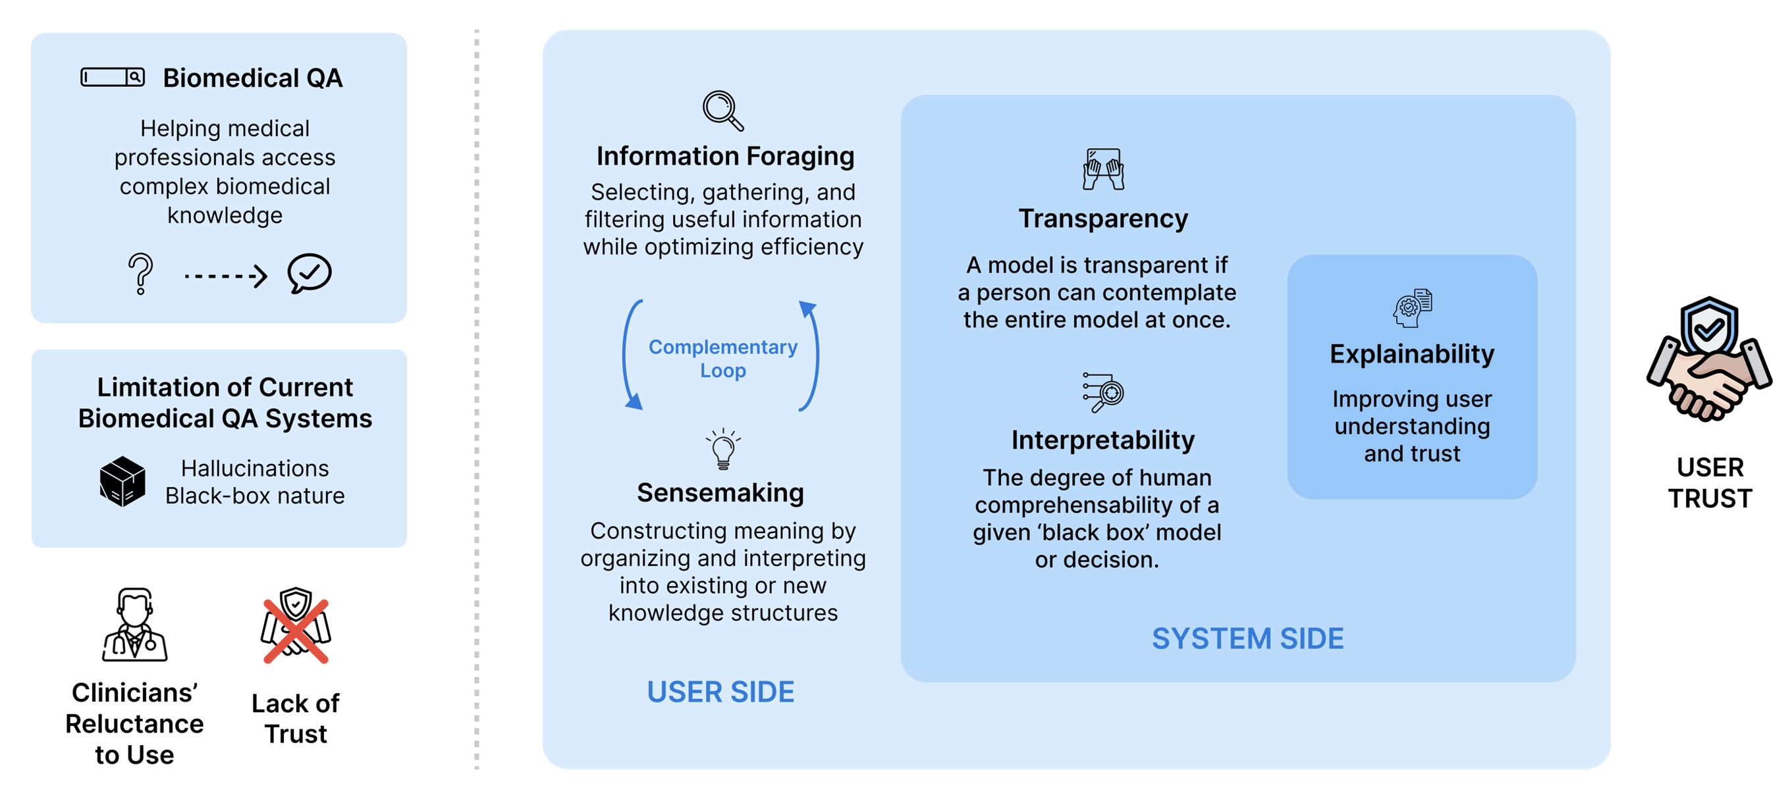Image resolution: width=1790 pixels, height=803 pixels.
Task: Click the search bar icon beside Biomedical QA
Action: click(x=113, y=77)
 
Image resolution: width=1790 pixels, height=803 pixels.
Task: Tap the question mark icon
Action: click(x=140, y=274)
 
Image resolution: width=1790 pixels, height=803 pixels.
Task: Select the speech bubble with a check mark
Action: click(x=310, y=273)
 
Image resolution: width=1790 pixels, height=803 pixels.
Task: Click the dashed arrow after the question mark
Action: click(x=225, y=276)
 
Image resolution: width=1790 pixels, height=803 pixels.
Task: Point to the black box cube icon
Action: click(x=122, y=481)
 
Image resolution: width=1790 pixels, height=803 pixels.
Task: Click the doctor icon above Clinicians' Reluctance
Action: click(x=135, y=625)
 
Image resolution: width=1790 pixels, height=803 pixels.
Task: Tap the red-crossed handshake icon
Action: click(x=296, y=626)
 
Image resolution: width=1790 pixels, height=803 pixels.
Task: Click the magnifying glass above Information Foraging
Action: click(x=722, y=111)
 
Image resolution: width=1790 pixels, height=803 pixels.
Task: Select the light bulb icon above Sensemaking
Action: click(x=722, y=449)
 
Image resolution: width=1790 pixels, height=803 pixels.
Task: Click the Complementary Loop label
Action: click(x=722, y=359)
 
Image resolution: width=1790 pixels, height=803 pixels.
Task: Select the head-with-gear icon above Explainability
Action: click(x=1412, y=308)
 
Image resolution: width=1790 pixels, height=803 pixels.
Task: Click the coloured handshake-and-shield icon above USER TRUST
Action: click(x=1709, y=359)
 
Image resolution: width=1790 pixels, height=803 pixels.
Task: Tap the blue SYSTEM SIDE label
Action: click(x=1247, y=638)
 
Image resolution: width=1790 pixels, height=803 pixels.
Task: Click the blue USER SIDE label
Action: click(x=720, y=692)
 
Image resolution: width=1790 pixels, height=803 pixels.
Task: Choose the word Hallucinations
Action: click(x=255, y=468)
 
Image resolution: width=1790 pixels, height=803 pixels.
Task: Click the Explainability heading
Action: click(x=1412, y=354)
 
